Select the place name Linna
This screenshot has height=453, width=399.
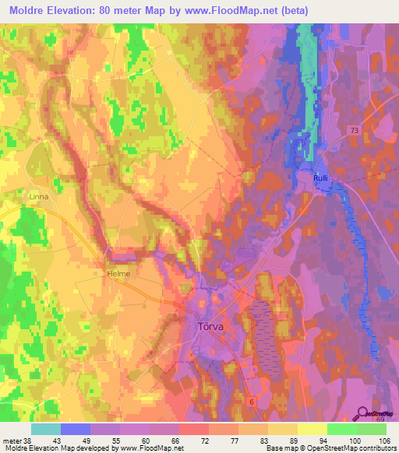(x=38, y=197)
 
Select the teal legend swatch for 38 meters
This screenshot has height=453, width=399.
(x=45, y=429)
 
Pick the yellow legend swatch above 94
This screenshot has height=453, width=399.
(x=312, y=429)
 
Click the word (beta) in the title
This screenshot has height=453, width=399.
(x=294, y=11)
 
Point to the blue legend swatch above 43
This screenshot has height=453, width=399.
(x=75, y=429)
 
